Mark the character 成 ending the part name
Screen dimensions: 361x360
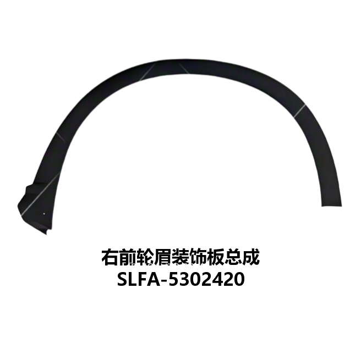pyautogui.click(x=251, y=257)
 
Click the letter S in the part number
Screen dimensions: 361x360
pyautogui.click(x=123, y=279)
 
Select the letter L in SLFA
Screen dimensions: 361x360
pyautogui.click(x=135, y=279)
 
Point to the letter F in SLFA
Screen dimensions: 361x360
pyautogui.click(x=145, y=279)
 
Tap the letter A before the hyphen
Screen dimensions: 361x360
pyautogui.click(x=155, y=279)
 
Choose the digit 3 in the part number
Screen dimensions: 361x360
pyautogui.click(x=185, y=279)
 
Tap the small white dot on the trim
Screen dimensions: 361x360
pyautogui.click(x=44, y=214)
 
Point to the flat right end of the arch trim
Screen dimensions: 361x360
pyautogui.click(x=332, y=206)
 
